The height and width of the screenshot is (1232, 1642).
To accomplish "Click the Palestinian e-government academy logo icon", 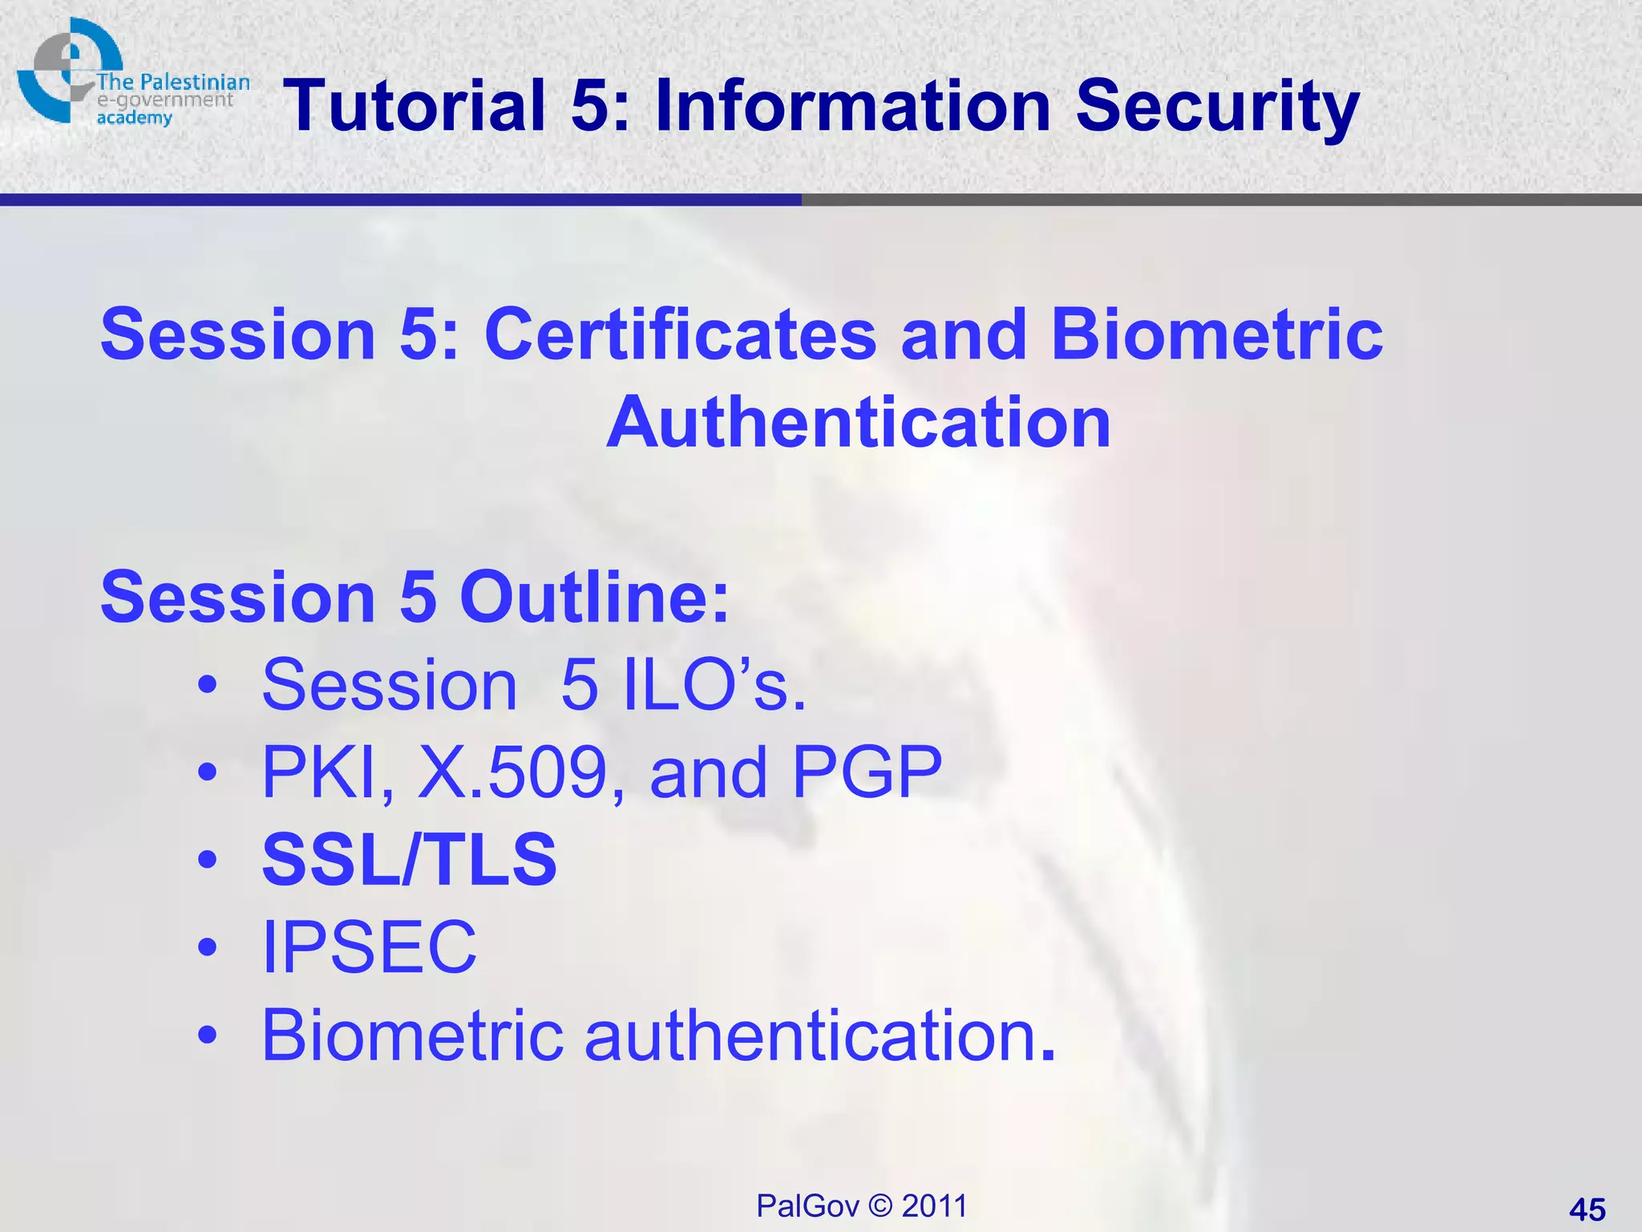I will [68, 71].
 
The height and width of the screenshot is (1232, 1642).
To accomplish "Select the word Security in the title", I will [1217, 107].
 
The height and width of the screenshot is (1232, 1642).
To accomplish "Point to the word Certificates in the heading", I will [680, 334].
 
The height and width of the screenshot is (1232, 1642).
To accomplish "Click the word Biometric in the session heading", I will [1216, 334].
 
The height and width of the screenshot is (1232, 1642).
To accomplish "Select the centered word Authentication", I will [859, 423].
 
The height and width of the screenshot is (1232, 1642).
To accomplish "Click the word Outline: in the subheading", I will [594, 598].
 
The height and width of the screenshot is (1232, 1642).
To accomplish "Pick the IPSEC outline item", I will [369, 947].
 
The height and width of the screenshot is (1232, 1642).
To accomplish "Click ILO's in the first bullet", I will [714, 685].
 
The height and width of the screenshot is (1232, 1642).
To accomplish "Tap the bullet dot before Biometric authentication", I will [208, 1035].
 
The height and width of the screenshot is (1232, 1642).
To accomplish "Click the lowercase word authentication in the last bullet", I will [819, 1035].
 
